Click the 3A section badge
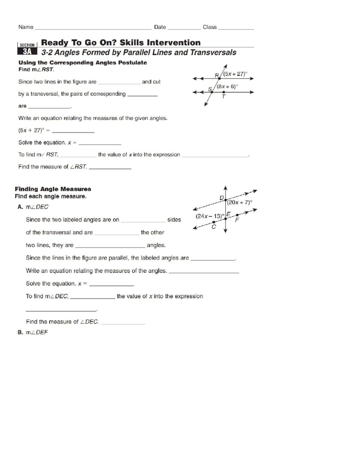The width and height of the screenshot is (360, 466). [27, 51]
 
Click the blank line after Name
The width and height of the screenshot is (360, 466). [93, 29]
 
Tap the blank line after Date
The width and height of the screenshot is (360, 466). [184, 29]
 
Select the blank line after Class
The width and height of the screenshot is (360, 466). [236, 29]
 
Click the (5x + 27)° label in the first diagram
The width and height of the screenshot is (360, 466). [235, 74]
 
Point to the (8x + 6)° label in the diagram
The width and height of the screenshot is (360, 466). [227, 86]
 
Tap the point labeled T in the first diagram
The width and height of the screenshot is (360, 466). [223, 92]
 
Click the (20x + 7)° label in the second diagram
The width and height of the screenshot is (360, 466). [239, 202]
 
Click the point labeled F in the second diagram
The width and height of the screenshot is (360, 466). [237, 215]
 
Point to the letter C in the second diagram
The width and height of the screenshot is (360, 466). [214, 227]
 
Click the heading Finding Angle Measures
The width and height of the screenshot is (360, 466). [53, 189]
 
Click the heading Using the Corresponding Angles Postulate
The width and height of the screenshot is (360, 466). [82, 63]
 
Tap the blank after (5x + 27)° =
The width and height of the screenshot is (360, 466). [73, 131]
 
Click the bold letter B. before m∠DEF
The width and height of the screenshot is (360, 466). [20, 332]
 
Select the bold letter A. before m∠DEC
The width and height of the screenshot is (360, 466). [20, 207]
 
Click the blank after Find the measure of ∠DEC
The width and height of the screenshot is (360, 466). [123, 323]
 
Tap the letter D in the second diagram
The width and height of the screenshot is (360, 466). [222, 198]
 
